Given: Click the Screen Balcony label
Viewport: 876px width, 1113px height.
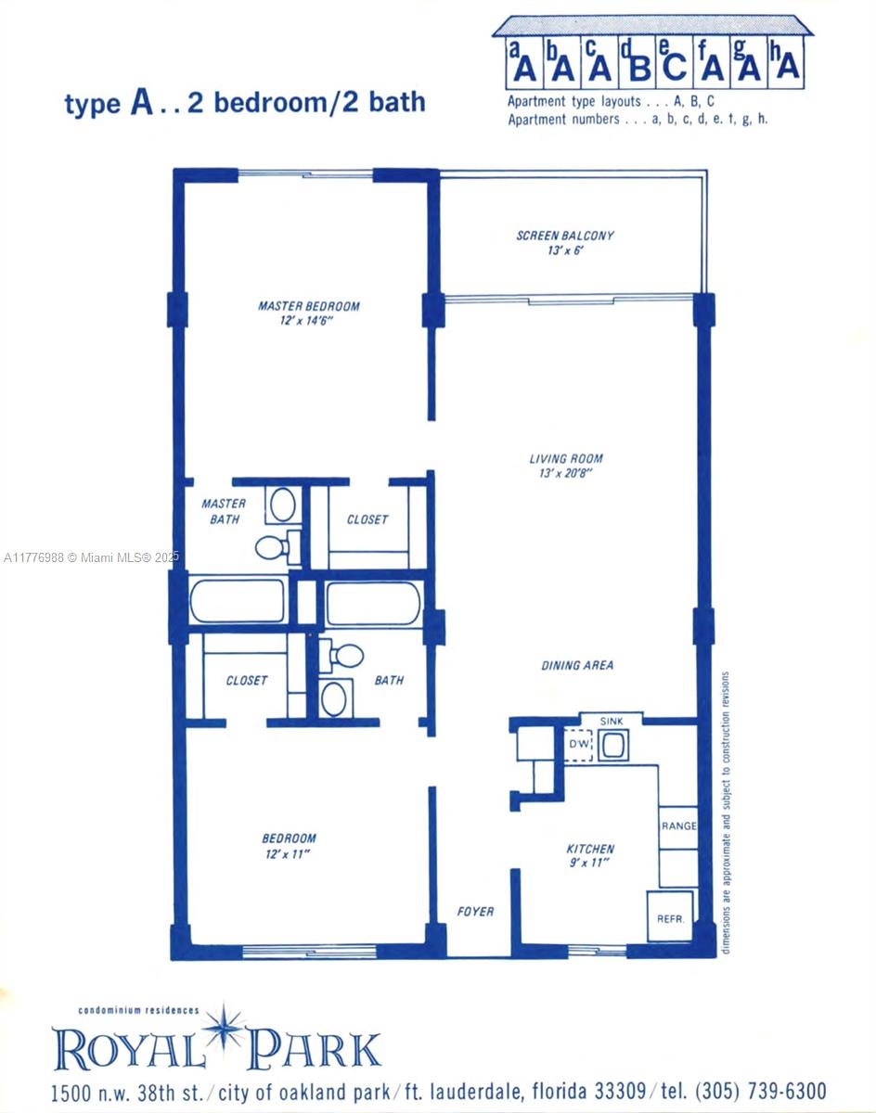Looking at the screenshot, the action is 565,236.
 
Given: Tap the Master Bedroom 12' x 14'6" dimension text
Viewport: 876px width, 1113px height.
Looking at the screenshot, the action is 306,321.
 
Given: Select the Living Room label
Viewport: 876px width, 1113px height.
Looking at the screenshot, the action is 566,458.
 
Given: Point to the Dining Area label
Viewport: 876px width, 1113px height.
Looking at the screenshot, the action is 577,666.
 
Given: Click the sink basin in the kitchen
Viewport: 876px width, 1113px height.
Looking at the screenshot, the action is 613,745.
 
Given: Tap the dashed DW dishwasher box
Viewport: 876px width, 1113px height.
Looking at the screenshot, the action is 578,745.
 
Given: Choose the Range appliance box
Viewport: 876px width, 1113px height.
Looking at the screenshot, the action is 678,827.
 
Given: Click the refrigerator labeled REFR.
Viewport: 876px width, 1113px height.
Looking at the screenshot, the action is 670,916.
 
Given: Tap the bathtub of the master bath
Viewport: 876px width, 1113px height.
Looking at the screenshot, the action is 238,600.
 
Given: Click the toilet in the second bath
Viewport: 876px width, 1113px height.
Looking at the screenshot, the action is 341,656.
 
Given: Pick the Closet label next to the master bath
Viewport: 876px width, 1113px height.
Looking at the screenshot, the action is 367,519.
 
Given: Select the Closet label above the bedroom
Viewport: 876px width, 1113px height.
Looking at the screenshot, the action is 246,680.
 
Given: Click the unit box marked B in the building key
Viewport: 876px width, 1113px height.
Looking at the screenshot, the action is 637,62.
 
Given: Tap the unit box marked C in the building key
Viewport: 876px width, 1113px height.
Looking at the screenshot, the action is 675,62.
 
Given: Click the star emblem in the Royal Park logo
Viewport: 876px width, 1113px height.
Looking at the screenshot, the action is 223,1027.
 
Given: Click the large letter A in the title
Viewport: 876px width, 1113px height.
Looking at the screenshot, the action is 141,101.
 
